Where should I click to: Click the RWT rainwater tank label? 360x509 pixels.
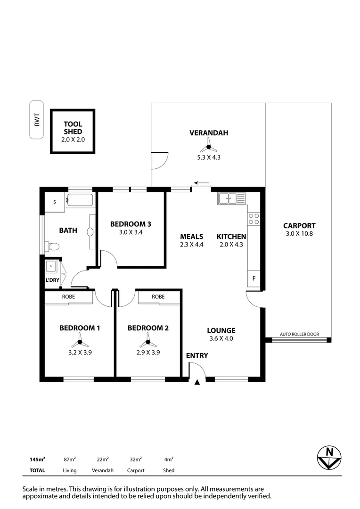[x=36, y=120]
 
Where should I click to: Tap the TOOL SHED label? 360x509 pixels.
[x=73, y=128]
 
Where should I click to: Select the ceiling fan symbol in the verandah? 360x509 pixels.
[x=208, y=146]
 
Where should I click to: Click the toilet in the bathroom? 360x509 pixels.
[x=52, y=246]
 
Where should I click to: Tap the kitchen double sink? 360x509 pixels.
[x=231, y=199]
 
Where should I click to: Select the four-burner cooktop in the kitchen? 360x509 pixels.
[x=254, y=218]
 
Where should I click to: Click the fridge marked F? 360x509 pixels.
[x=254, y=279]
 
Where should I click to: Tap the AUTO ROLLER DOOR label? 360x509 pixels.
[x=299, y=334]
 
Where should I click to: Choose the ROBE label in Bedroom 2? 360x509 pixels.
[x=158, y=297]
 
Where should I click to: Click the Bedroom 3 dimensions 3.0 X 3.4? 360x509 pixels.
[x=130, y=232]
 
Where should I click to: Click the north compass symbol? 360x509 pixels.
[x=329, y=458]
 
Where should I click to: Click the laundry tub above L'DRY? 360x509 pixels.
[x=51, y=267]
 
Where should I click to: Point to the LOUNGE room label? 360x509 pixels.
[x=221, y=330]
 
